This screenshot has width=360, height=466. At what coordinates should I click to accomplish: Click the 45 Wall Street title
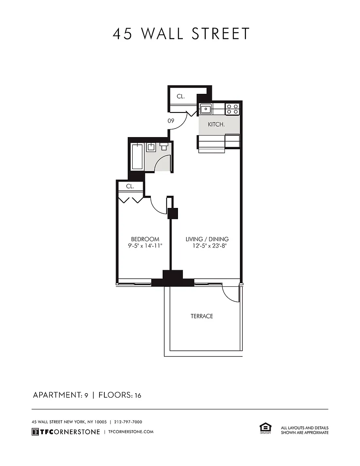click(x=181, y=34)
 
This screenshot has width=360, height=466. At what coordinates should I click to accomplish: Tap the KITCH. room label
click(x=216, y=125)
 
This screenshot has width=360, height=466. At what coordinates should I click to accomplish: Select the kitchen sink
click(x=205, y=109)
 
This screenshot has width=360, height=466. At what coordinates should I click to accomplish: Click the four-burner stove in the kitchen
click(x=232, y=109)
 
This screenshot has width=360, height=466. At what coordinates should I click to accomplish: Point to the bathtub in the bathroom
click(x=137, y=157)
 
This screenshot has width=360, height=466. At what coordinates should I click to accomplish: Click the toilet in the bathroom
click(x=164, y=146)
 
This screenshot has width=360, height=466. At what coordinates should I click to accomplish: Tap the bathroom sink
click(x=151, y=147)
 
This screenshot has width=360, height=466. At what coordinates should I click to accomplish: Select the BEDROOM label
click(x=145, y=239)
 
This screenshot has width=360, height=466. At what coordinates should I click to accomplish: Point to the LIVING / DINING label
click(x=207, y=239)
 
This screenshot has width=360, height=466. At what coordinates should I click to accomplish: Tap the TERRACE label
click(x=202, y=316)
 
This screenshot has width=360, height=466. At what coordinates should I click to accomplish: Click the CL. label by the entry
click(x=181, y=96)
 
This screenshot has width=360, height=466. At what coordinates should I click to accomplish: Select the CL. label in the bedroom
click(x=130, y=186)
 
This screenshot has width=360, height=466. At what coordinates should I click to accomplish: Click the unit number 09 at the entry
click(x=171, y=121)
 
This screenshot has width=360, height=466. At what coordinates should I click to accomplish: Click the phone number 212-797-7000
click(x=128, y=422)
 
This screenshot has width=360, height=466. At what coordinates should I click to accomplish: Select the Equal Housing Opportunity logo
click(x=265, y=428)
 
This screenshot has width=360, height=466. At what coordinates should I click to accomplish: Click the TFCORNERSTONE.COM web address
click(x=131, y=432)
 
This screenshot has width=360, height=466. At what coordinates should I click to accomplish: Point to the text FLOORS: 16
click(x=120, y=395)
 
